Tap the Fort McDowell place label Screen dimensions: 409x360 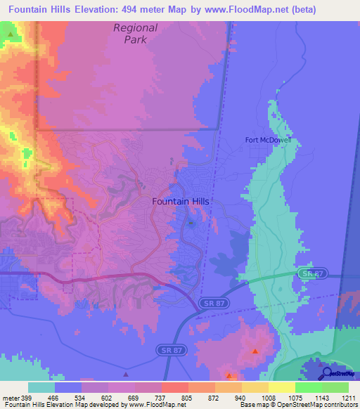(273, 139)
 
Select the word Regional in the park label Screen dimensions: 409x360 (136, 28)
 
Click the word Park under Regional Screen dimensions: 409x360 (136, 40)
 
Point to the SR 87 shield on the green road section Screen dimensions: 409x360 (307, 273)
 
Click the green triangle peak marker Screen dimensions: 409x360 (9, 33)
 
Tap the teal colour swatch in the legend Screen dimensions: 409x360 (41, 387)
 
